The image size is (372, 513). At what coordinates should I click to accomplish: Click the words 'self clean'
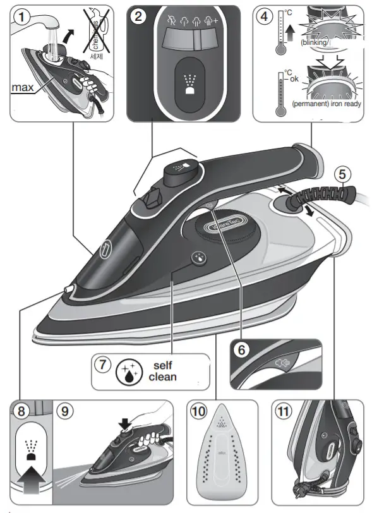click(162, 371)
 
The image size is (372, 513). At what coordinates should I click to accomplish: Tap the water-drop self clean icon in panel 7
click(129, 372)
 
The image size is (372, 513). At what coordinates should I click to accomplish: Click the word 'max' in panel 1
click(22, 88)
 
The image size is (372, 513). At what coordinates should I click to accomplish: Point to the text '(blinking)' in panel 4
click(314, 42)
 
